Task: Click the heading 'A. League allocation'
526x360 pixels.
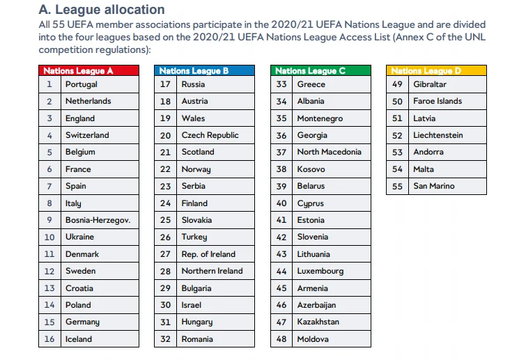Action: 102,10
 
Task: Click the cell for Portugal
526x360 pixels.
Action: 82,84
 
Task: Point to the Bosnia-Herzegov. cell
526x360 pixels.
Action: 98,220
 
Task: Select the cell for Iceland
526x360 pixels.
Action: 79,339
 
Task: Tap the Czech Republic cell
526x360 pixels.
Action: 210,135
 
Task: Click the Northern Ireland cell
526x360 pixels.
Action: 212,271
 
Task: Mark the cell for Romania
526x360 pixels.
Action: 197,339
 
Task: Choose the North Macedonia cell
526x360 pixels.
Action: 329,152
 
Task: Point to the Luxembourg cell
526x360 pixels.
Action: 320,271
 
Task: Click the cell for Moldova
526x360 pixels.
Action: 313,339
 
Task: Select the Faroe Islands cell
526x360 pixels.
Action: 438,101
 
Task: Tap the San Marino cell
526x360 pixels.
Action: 433,186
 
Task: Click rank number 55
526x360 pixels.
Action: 397,186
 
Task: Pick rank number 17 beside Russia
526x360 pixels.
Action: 165,84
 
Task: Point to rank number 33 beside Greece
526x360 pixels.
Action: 281,84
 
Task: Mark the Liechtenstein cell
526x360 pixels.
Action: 438,135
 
